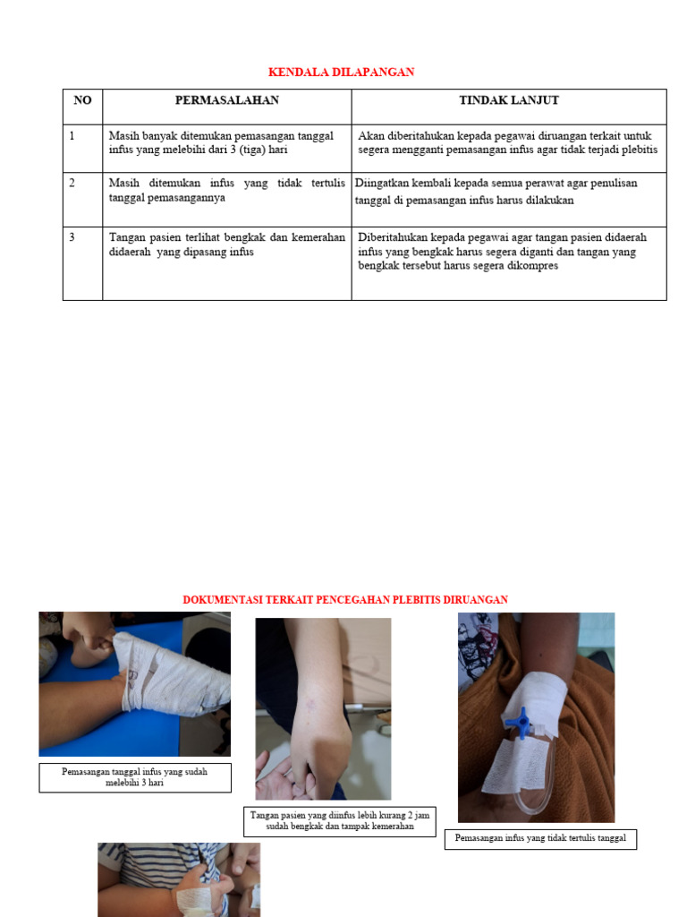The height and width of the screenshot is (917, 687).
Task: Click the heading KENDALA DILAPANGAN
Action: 342,72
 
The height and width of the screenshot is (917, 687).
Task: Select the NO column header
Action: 82,100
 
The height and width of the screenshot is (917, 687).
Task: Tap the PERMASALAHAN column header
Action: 226,100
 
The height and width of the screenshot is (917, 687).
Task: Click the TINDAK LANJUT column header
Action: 509,100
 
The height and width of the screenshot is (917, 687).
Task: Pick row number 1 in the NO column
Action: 72,136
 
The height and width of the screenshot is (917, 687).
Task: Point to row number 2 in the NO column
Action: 72,183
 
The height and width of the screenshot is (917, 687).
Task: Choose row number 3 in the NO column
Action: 72,237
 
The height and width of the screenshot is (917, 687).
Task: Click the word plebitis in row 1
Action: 636,150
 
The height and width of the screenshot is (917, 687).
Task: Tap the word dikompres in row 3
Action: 531,266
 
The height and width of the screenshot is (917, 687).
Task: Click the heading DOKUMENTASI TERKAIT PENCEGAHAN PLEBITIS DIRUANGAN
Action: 345,599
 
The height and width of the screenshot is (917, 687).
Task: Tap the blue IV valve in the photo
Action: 517,721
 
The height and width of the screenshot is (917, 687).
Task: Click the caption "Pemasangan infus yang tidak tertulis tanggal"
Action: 540,839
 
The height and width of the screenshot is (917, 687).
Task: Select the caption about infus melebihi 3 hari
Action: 134,777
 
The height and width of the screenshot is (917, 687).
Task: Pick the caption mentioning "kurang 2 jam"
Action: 339,821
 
